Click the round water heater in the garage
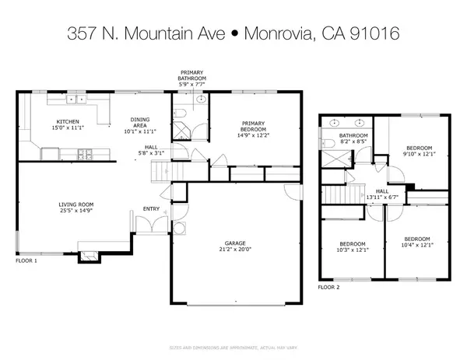pyautogui.click(x=179, y=229)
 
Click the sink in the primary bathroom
pyautogui.click(x=201, y=100)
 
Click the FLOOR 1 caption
pyautogui.click(x=26, y=262)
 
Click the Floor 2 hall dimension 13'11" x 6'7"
pyautogui.click(x=382, y=197)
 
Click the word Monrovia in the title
pyautogui.click(x=279, y=33)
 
